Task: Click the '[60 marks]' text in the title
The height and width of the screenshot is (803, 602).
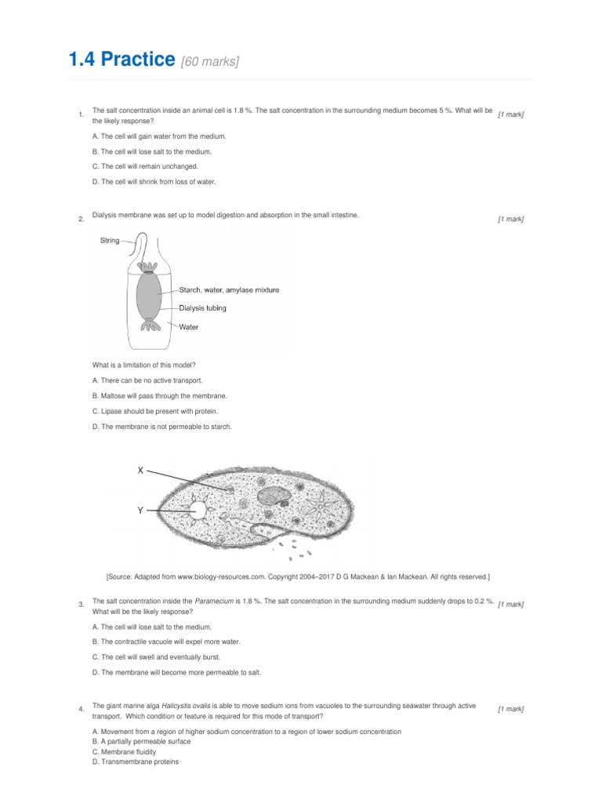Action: point(209,62)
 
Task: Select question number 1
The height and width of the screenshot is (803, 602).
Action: point(82,116)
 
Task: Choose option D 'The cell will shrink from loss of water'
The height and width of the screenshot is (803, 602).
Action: point(153,181)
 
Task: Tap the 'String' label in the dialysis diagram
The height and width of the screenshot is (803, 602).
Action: point(110,241)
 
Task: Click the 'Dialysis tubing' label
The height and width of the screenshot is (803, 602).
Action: point(202,308)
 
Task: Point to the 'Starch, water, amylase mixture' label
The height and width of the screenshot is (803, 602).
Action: point(228,289)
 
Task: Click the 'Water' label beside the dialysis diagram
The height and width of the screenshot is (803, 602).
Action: point(189,327)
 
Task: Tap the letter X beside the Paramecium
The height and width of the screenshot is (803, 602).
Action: point(140,471)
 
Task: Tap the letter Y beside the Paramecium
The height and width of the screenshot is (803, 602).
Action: point(140,510)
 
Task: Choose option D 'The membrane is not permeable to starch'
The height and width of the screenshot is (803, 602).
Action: point(161,427)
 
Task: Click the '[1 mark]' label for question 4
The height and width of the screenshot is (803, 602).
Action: point(510,709)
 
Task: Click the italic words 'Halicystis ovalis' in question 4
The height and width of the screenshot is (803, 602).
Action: point(189,706)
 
